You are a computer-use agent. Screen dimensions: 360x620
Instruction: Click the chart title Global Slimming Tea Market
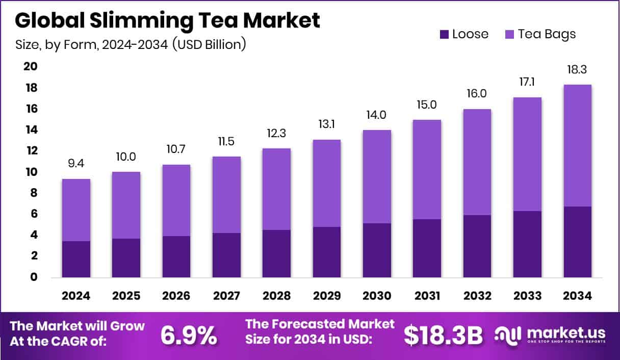[x=167, y=20]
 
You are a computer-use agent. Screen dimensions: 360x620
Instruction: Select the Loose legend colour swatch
[x=444, y=34]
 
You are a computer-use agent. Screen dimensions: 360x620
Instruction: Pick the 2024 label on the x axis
[x=76, y=296]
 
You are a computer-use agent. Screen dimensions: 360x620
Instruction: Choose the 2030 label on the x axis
[x=377, y=296]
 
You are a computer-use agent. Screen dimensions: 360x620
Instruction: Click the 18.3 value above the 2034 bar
[x=577, y=70]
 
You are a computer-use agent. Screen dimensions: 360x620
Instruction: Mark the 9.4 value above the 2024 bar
[x=76, y=164]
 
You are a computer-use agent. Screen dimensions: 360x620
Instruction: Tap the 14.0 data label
[x=377, y=115]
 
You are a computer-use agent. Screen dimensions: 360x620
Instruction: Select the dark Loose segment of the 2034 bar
[x=577, y=242]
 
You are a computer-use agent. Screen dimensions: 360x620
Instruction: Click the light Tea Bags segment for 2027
[x=226, y=194]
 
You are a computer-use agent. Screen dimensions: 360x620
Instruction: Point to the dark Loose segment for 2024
[x=76, y=259]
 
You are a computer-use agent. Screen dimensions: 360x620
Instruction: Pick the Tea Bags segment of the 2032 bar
[x=477, y=162]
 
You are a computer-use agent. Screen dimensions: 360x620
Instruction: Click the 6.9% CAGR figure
[x=189, y=335]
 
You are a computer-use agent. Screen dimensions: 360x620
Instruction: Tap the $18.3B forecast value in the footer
[x=443, y=335]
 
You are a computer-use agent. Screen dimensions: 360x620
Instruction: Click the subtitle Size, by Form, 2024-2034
[x=131, y=44]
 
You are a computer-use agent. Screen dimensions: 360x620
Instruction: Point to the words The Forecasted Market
[x=320, y=324]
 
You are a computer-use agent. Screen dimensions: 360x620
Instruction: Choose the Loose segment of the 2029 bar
[x=326, y=252]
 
